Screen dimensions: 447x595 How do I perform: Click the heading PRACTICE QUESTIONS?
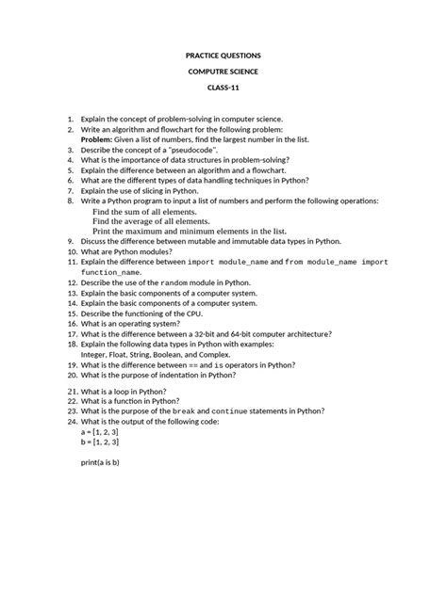pos(223,56)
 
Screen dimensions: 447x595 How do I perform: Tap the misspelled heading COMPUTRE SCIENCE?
pos(223,72)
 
